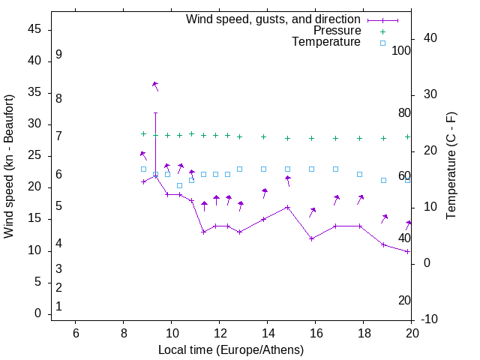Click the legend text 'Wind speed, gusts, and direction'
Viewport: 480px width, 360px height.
274,19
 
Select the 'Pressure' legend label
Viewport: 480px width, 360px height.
337,31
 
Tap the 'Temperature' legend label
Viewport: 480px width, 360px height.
326,42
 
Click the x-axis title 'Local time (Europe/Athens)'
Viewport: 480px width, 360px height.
231,349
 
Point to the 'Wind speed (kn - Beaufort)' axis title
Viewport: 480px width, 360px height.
9,166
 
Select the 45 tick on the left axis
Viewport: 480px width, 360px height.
34,29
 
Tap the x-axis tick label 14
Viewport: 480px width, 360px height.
267,333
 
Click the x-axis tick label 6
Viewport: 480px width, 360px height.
75,333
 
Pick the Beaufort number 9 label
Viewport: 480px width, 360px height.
58,55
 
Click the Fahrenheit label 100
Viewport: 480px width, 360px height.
401,51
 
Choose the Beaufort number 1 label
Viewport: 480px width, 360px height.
58,307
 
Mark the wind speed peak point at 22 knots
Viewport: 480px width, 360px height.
155,175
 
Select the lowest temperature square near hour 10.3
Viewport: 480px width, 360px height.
179,185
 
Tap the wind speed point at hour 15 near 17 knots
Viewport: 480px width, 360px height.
288,207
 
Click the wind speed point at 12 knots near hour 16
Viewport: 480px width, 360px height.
311,238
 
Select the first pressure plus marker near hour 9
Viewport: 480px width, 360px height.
143,134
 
